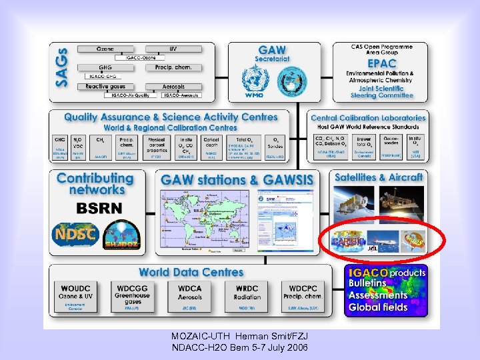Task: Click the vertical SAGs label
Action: point(61,68)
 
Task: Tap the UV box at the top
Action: point(173,49)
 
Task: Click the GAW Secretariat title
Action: point(272,53)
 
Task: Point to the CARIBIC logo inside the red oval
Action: point(347,241)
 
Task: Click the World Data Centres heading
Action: point(191,272)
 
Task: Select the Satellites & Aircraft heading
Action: point(379,177)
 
